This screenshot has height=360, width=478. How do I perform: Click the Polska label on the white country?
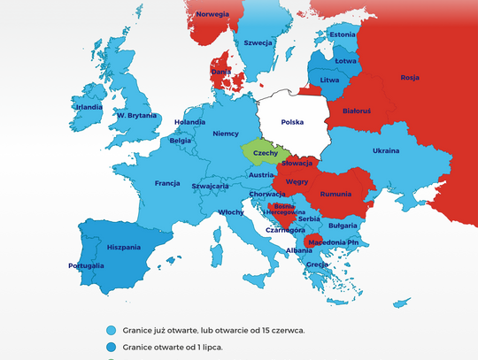tap(293, 122)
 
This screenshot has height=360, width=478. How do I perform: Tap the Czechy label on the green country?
tap(266, 153)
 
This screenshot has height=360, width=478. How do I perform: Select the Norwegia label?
tap(212, 15)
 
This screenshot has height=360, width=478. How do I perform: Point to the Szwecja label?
tap(258, 42)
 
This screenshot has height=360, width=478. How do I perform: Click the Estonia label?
tap(342, 34)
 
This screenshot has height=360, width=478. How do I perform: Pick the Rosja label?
tap(410, 77)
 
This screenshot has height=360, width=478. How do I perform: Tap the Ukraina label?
tap(385, 150)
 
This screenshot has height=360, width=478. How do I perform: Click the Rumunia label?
tap(336, 194)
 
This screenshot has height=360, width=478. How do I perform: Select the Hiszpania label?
tap(124, 248)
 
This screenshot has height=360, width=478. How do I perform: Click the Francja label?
tap(167, 184)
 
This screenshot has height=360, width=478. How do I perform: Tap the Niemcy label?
tap(227, 134)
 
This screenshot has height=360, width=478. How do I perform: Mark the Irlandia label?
tap(89, 107)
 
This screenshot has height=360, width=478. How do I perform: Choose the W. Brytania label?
tap(137, 115)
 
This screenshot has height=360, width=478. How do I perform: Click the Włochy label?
tap(231, 212)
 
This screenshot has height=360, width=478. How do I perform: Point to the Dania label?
tap(221, 71)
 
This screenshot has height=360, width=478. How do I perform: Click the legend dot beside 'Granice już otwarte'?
tap(111, 329)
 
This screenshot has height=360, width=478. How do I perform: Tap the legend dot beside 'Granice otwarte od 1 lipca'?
tap(111, 347)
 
